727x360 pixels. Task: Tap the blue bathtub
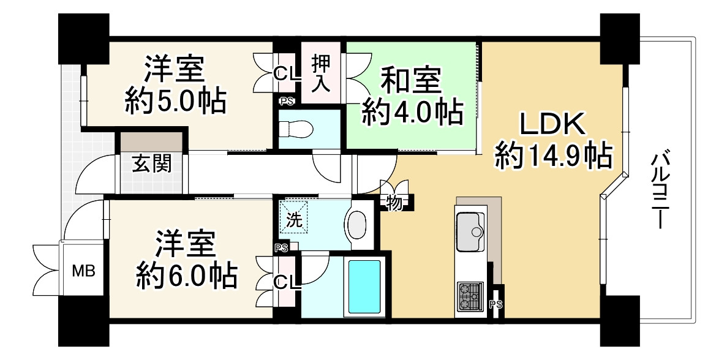pyautogui.click(x=364, y=286)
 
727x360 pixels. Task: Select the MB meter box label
pyautogui.click(x=84, y=271)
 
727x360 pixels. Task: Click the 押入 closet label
pyautogui.click(x=322, y=72)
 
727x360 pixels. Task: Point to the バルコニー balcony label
pyautogui.click(x=660, y=190)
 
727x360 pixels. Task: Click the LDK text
pyautogui.click(x=554, y=125)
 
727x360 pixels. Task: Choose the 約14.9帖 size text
pyautogui.click(x=554, y=156)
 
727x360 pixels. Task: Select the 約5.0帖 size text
pyautogui.click(x=176, y=100)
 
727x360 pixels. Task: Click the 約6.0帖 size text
pyautogui.click(x=186, y=277)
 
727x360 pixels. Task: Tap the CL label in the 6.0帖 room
pyautogui.click(x=286, y=282)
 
